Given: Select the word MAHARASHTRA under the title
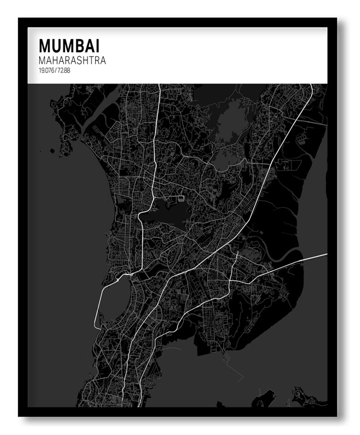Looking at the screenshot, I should [x=72, y=60].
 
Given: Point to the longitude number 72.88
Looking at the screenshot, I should [x=63, y=70].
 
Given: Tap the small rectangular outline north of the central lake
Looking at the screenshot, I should [x=182, y=199].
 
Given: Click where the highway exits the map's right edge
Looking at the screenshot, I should [x=326, y=253].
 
